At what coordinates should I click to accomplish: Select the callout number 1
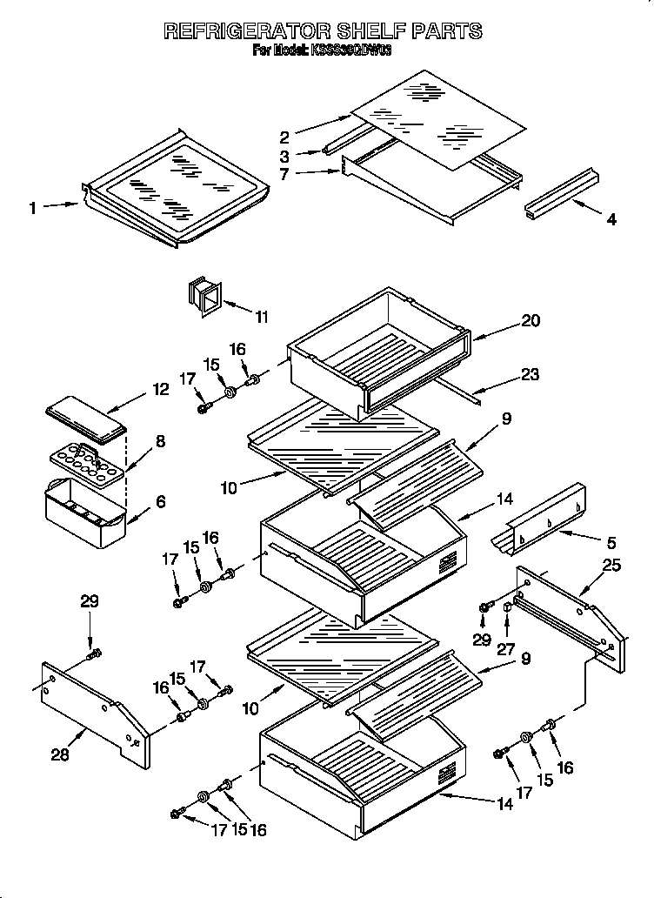tap(33, 208)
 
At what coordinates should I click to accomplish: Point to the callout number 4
tap(611, 220)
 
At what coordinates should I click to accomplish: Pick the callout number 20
tap(531, 321)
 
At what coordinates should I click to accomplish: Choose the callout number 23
tap(531, 375)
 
